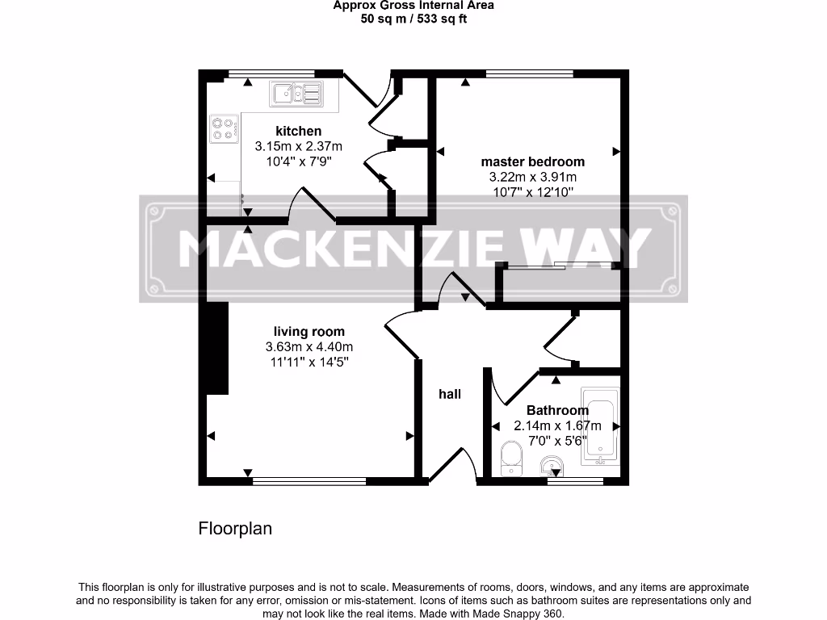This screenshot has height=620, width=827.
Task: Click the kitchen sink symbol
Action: click(x=297, y=94)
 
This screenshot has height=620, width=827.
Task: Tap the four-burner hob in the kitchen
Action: click(x=224, y=128)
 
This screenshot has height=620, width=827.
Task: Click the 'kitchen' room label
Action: click(x=298, y=131)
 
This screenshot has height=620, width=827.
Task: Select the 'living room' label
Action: click(x=309, y=331)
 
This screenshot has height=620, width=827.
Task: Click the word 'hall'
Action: click(x=449, y=394)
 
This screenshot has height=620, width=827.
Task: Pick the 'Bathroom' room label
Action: click(x=557, y=410)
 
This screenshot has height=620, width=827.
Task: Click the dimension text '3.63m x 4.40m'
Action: click(x=309, y=346)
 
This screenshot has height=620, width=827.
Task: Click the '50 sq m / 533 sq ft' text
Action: click(x=413, y=19)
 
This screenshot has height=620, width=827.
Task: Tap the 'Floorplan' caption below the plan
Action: click(x=235, y=529)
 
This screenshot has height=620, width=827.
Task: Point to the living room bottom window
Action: click(x=309, y=482)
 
